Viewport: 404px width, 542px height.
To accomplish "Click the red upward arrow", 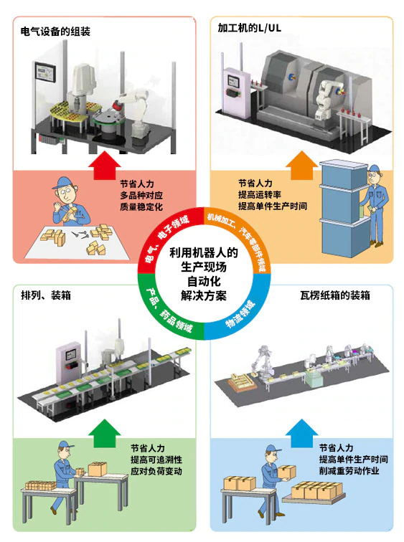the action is click(105, 165).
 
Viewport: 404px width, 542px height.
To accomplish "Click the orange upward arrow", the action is click(301, 165).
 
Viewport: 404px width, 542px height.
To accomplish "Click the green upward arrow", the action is click(105, 434).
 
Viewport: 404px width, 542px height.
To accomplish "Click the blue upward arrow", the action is click(301, 434).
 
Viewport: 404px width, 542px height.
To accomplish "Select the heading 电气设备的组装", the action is click(55, 32).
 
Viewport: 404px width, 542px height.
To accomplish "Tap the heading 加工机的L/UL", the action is click(250, 28).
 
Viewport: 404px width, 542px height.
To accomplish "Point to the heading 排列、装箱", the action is click(46, 295).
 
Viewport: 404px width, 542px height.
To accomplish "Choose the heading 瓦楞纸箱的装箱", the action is click(335, 295).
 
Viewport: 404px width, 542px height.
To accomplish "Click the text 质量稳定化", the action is click(141, 206).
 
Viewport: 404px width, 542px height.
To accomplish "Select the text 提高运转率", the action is click(260, 194).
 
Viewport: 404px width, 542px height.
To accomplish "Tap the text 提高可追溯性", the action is click(156, 460).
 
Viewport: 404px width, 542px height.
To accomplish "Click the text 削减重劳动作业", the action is click(349, 470).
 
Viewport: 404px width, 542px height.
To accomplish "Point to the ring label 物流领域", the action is click(240, 315).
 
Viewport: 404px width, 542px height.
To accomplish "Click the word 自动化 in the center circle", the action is click(204, 281).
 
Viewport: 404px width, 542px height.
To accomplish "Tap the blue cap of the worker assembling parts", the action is click(63, 182).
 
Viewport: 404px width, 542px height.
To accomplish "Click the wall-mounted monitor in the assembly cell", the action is click(45, 72).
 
